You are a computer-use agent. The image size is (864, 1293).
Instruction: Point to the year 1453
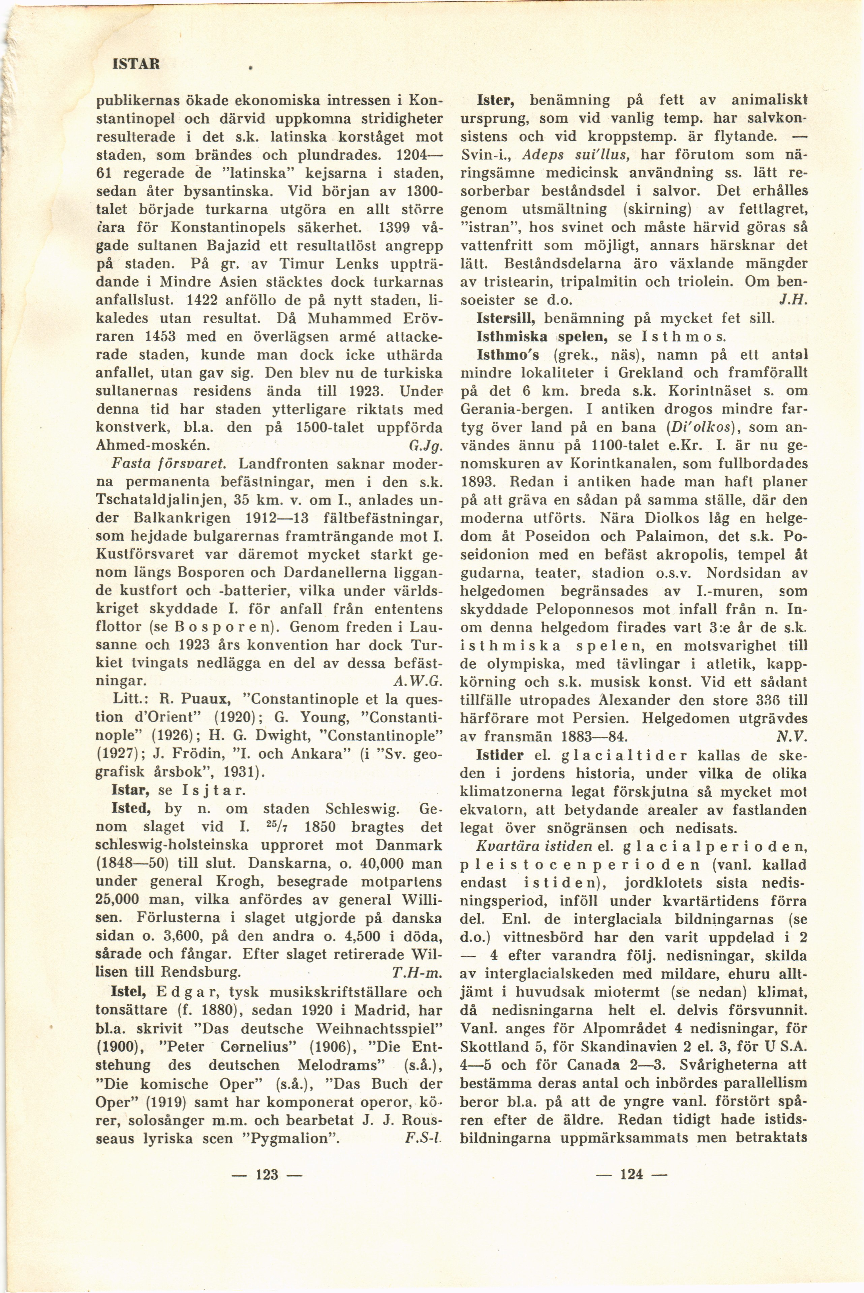click(162, 336)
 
